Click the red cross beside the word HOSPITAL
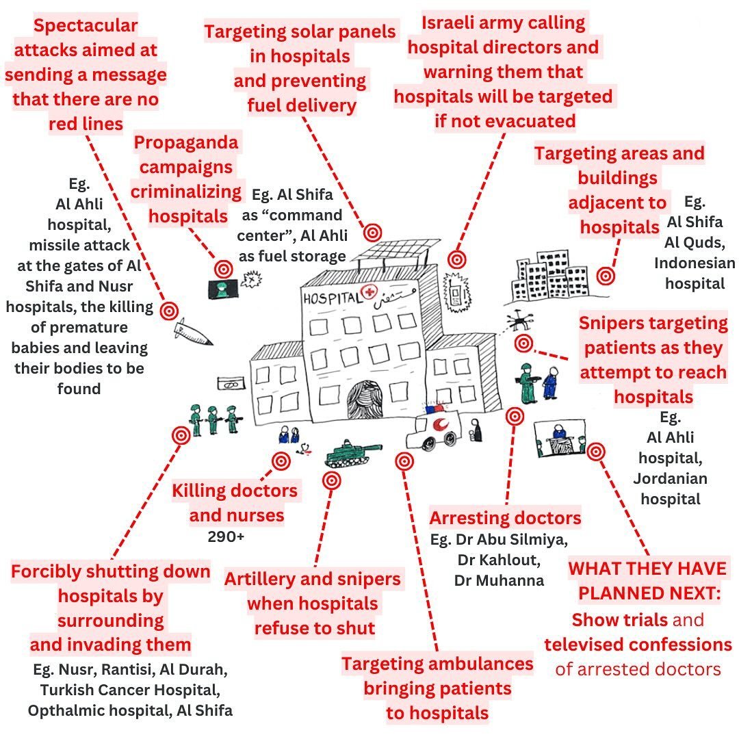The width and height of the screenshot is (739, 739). (372, 294)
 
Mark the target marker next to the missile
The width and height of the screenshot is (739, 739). (168, 311)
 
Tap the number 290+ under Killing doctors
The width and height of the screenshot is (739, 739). (226, 537)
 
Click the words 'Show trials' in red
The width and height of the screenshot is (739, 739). (619, 620)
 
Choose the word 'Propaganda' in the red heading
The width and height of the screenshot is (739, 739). (186, 142)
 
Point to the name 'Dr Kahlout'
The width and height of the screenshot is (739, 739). (497, 560)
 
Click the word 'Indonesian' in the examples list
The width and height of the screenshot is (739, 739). (695, 263)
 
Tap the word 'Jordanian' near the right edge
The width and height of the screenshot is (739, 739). (670, 478)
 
